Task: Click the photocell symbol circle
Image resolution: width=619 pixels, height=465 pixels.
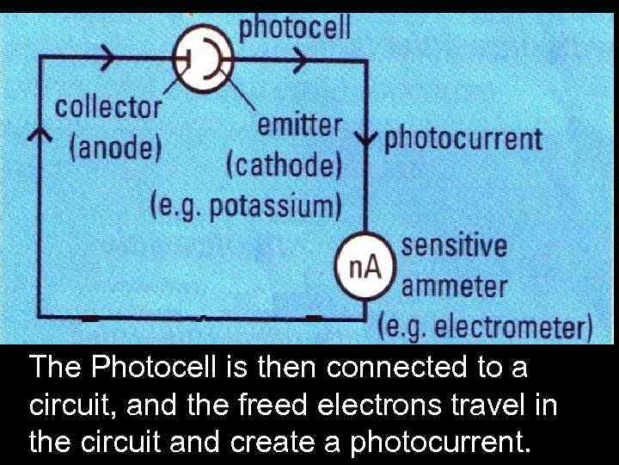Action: coord(204,59)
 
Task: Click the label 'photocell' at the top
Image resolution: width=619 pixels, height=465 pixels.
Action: coord(295,28)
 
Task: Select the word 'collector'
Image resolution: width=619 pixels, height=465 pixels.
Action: coord(108,108)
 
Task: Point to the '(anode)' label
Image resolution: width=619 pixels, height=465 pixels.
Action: coord(114,146)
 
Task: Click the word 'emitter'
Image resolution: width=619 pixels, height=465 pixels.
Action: coord(299,126)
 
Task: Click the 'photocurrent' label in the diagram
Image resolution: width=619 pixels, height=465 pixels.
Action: coord(463,139)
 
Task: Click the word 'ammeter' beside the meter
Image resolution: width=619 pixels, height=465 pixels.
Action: coord(455,285)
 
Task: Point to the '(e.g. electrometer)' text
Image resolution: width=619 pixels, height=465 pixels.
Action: coord(485,327)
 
